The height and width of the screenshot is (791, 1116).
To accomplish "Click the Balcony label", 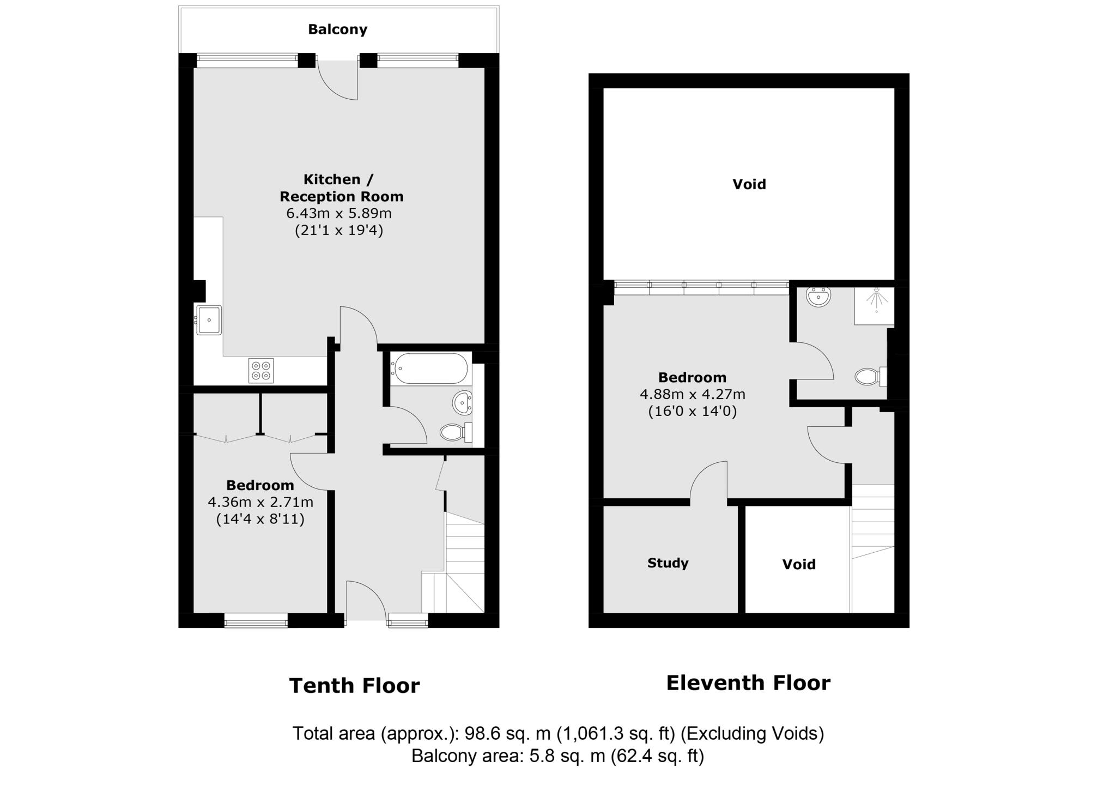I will pos(337,29).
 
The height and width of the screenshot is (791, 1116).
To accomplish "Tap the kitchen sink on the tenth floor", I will pos(209,320).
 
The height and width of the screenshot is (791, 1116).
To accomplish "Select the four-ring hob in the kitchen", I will pos(260,371).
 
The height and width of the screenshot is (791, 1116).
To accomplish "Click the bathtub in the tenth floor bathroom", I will pos(430,369).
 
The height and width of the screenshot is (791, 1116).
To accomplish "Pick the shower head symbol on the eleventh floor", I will pos(876,300).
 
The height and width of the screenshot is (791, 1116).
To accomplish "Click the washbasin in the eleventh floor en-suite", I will pos(818,297).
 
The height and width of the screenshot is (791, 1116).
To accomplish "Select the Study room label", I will pos(668,563).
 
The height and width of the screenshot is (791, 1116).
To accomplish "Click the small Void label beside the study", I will pos(798,564).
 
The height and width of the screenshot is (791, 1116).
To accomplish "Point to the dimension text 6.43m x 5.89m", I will pos(339,213).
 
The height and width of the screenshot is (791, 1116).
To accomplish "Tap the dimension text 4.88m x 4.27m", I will pos(692,394).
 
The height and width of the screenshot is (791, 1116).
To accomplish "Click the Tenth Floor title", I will pos(354,686).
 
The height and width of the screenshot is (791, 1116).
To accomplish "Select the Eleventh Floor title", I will pos(748,683).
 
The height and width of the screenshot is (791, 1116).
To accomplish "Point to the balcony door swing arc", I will pos(335,84).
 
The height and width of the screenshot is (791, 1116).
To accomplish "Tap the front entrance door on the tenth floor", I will pos(366,600).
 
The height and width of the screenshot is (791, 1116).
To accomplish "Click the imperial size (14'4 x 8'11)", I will pos(260,519).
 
